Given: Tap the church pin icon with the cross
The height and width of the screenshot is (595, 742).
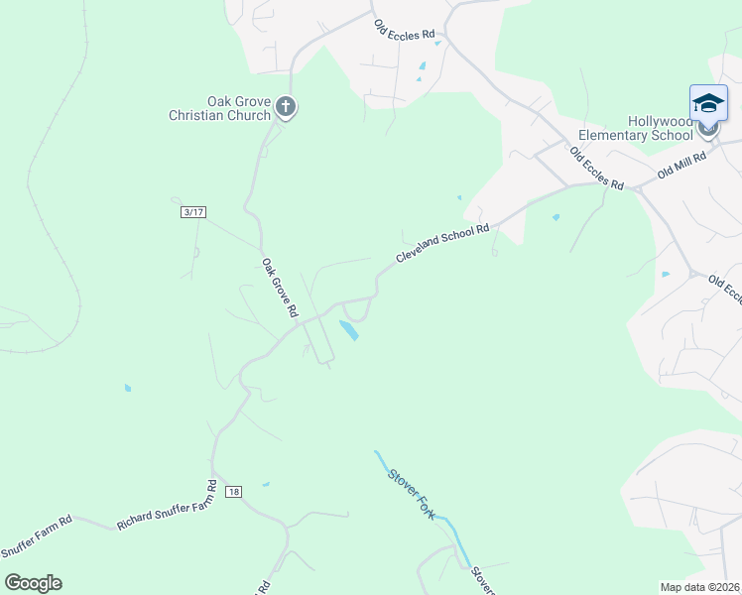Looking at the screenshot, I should point(286,107).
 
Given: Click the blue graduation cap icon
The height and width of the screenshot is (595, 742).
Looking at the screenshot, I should point(708,103).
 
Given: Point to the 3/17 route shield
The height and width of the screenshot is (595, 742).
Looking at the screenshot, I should point(192,212).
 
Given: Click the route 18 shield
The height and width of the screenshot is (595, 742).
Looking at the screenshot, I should point(233,492).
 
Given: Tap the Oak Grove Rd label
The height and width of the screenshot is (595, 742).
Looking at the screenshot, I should point(280,288).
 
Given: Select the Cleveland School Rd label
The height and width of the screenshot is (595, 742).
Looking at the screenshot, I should point(442,243).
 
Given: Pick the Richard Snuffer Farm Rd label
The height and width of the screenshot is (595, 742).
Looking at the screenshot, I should point(167,506).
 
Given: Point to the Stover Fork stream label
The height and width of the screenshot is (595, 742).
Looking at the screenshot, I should point(412,493).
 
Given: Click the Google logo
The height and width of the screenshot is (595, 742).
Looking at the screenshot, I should point(33,583).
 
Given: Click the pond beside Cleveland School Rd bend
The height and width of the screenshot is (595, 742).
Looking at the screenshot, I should point(349,330).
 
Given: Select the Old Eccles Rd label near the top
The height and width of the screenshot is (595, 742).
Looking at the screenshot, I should point(405,28).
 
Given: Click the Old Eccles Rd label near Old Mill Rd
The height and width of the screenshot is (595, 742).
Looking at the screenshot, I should point(596,170).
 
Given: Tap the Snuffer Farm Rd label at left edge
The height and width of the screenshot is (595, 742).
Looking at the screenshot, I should point(36,536).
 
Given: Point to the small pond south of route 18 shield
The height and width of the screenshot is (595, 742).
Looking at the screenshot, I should point(265,485).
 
